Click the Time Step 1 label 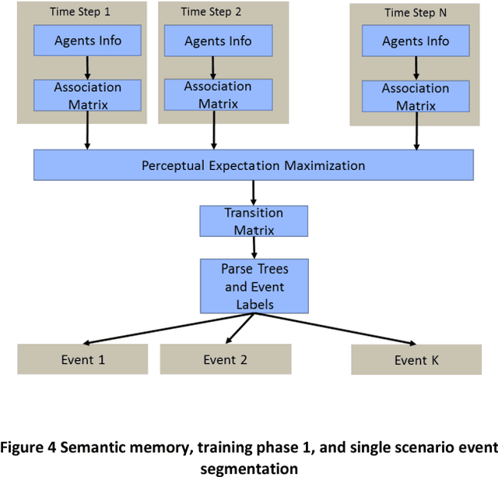pyautogui.click(x=80, y=12)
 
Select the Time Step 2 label pyautogui.click(x=212, y=12)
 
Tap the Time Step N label pyautogui.click(x=415, y=13)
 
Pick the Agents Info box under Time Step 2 pyautogui.click(x=219, y=41)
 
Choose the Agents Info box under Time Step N pyautogui.click(x=415, y=41)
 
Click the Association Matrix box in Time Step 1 pyautogui.click(x=87, y=96)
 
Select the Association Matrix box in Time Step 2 pyautogui.click(x=218, y=95)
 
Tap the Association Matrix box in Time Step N pyautogui.click(x=415, y=96)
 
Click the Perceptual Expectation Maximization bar pyautogui.click(x=253, y=165)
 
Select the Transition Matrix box pyautogui.click(x=254, y=221)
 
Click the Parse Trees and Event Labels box pyautogui.click(x=254, y=286)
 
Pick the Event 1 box pyautogui.click(x=82, y=359)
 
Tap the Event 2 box pyautogui.click(x=226, y=359)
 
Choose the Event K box pyautogui.click(x=411, y=360)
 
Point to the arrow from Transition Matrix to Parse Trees pyautogui.click(x=254, y=248)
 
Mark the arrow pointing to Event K pyautogui.click(x=358, y=328)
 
